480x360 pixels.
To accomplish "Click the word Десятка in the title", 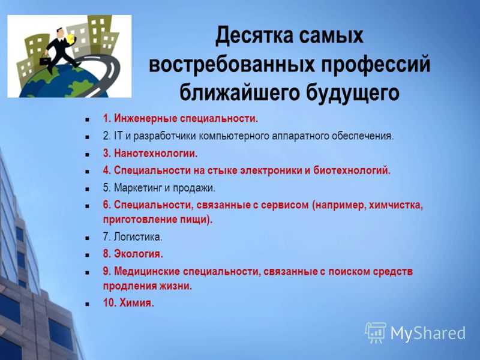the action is pos(254,36).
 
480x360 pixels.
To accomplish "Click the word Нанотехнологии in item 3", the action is pos(156,153).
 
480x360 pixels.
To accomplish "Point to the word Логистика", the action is pos(138,237).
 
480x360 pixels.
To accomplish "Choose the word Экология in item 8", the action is pos(139,254).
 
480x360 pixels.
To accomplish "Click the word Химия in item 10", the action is pos(137,303).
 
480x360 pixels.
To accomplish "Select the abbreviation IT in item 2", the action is pos(118,136).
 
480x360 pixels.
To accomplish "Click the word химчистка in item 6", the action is pos(396,205).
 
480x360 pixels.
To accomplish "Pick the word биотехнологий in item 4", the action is pos(352,170).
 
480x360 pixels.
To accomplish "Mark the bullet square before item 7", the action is pos(88,238).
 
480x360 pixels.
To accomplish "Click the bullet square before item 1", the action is pos(88,119).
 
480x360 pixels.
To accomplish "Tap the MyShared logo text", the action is pos(428,333).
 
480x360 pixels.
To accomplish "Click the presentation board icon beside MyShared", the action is pos(376,333).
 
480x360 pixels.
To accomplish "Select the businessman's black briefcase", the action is pos(44,60).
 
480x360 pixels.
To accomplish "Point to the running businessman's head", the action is pos(61,32).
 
